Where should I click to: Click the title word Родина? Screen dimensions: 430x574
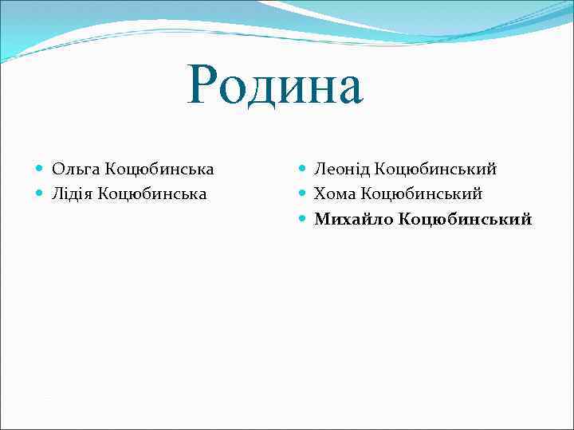[x=275, y=85]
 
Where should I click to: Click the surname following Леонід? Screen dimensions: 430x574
[x=435, y=169]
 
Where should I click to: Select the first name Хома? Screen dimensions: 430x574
[x=334, y=193]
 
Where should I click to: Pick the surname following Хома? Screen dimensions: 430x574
[x=421, y=193]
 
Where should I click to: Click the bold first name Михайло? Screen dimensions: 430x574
[x=352, y=218]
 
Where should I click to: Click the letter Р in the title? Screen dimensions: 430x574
[x=202, y=85]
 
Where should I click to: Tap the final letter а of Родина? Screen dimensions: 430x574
[x=348, y=90]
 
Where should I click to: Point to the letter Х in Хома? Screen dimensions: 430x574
[x=320, y=193]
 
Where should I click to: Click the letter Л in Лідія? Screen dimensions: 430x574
[x=57, y=193]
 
